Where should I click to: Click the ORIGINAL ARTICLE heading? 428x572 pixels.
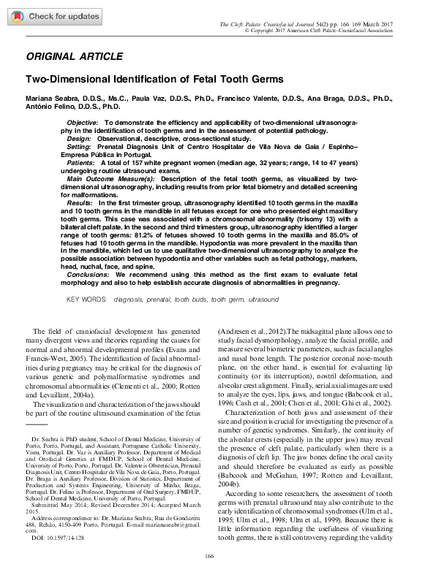pyautogui.click(x=74, y=56)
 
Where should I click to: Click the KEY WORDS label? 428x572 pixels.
pyautogui.click(x=89, y=300)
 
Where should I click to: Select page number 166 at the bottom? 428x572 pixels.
pyautogui.click(x=214, y=557)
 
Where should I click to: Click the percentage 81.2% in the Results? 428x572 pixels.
pyautogui.click(x=192, y=232)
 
